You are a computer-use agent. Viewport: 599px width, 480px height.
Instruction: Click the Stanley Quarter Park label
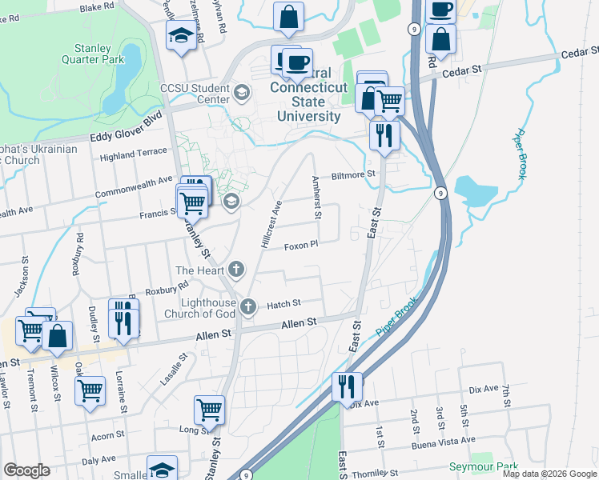(93, 54)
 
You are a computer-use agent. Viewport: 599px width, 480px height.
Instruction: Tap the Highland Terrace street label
(133, 154)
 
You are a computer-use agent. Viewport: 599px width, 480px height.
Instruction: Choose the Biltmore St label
(353, 174)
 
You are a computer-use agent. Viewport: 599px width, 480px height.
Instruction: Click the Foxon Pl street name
(301, 246)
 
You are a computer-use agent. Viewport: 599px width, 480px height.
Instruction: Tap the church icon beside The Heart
(235, 268)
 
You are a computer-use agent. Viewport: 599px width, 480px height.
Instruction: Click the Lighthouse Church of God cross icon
(248, 305)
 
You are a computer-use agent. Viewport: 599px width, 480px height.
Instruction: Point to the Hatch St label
(283, 304)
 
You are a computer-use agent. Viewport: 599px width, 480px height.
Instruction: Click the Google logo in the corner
(26, 470)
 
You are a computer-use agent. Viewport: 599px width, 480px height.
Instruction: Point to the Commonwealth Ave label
(134, 182)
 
